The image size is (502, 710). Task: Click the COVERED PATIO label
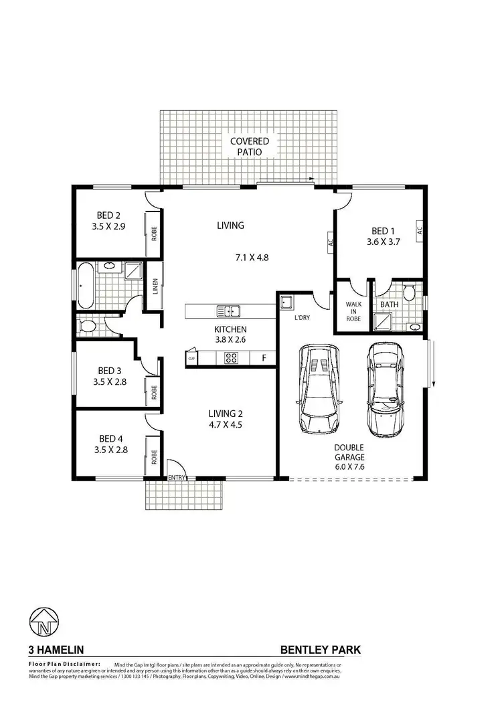point(249,147)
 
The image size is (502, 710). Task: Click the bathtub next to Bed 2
point(85,284)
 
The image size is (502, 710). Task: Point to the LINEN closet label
point(155,286)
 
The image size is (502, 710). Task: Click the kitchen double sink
point(228,311)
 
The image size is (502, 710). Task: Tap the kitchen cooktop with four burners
point(232,359)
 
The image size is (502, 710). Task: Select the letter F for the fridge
point(264,359)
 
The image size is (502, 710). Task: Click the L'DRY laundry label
point(301,319)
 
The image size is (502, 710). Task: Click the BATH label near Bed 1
point(389,304)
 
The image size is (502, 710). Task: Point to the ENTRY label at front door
point(177,477)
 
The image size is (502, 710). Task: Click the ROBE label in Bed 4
point(154,456)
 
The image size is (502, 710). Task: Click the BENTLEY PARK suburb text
point(319,649)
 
